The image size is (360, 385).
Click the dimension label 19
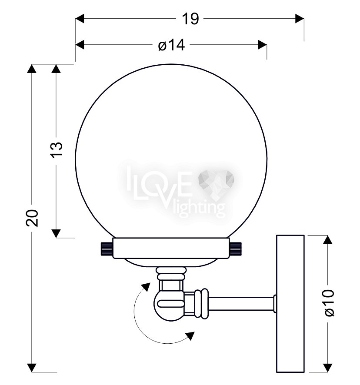(190, 19)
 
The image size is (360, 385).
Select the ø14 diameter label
(171, 46)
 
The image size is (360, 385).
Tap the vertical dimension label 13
(57, 150)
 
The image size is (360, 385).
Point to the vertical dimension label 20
(32, 218)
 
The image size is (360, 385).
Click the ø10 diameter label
(329, 303)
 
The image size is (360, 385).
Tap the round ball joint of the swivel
(169, 305)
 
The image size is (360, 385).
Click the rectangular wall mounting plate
(290, 303)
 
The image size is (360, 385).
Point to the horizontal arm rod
(241, 304)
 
